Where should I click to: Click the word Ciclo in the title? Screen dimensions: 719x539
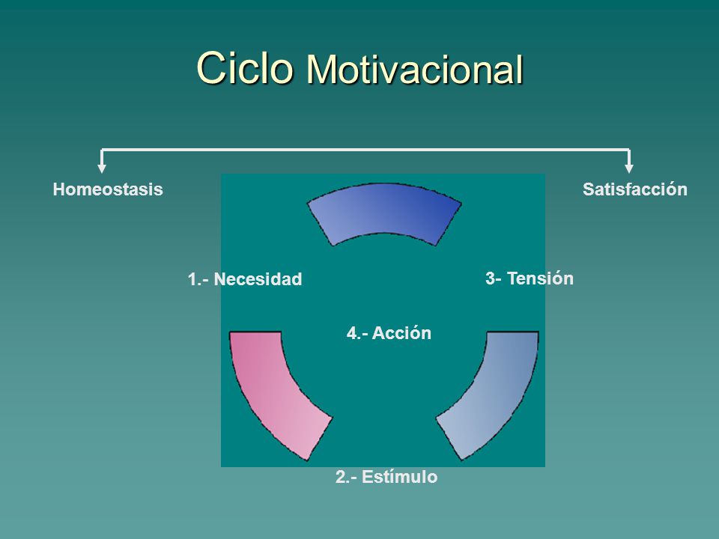[245, 68]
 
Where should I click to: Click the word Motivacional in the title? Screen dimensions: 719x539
[415, 70]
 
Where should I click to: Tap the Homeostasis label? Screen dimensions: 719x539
[108, 189]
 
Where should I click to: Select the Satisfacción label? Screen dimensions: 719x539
[635, 189]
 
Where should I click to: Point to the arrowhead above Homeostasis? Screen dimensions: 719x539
[102, 168]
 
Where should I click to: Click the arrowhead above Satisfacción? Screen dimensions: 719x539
[629, 168]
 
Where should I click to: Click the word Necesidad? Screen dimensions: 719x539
[258, 279]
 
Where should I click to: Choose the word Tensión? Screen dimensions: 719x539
[540, 278]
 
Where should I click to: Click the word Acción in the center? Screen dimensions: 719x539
[401, 332]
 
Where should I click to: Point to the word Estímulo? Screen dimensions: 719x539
[399, 477]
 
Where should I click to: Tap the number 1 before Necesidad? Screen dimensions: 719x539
[192, 279]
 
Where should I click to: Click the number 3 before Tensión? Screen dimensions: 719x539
[490, 278]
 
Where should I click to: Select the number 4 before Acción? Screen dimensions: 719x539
[352, 333]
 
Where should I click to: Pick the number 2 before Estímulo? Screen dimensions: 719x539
[341, 477]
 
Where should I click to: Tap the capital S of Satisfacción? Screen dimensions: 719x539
[589, 189]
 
